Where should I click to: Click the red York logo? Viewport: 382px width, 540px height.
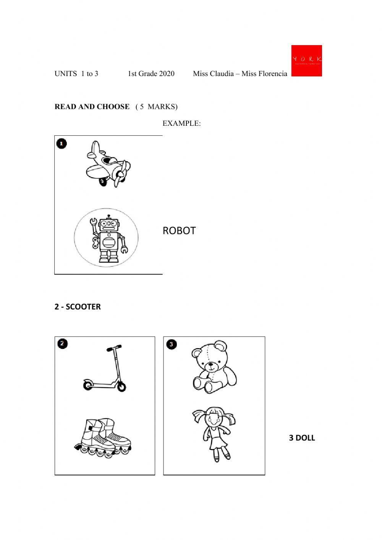306,60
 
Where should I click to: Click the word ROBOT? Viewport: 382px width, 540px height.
179,231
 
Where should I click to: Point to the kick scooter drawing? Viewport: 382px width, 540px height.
105,368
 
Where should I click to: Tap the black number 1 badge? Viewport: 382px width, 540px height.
62,144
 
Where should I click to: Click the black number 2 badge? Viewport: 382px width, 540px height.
63,344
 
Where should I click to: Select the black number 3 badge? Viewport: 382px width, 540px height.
172,344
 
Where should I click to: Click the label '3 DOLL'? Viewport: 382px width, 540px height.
302,438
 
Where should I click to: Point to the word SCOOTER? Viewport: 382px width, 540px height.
83,307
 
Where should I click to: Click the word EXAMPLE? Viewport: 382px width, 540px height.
181,123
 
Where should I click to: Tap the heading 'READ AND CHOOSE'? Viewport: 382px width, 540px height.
92,107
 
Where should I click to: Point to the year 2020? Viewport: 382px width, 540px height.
167,74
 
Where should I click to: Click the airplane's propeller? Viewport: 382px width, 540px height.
121,173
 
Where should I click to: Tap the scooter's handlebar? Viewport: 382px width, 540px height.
114,348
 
